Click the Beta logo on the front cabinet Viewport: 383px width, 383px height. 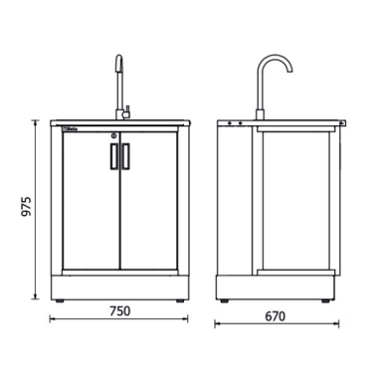pyautogui.click(x=72, y=127)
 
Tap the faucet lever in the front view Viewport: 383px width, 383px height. pyautogui.click(x=126, y=104)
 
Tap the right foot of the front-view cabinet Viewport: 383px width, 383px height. pyautogui.click(x=176, y=298)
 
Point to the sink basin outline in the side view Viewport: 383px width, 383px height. pyautogui.click(x=298, y=124)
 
